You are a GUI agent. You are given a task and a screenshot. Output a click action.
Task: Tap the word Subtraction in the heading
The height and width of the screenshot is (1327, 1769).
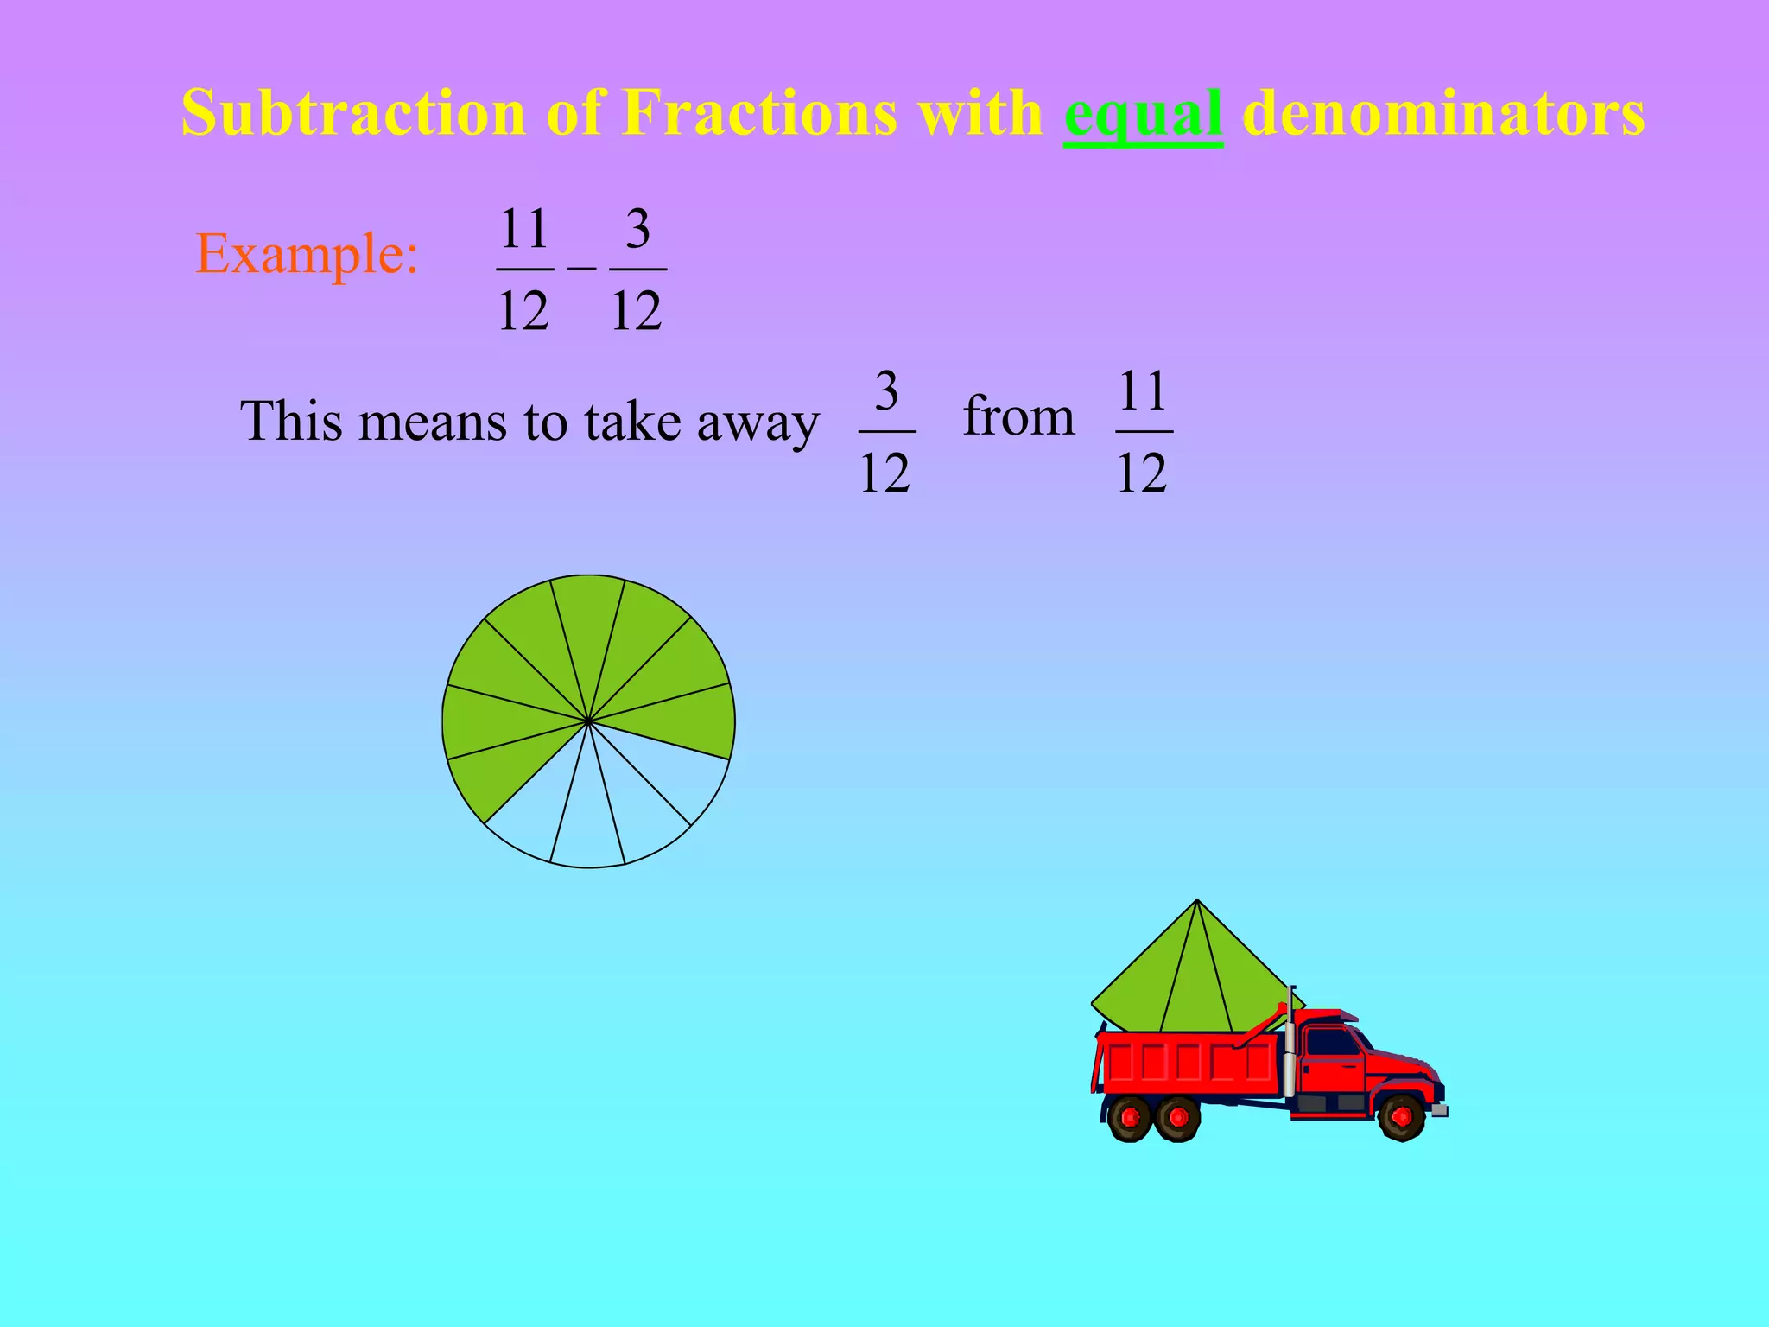[x=353, y=113]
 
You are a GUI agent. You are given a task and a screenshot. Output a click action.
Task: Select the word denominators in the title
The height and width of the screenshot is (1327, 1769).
[x=1442, y=113]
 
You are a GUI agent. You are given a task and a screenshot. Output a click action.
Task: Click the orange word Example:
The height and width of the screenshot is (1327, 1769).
[x=308, y=254]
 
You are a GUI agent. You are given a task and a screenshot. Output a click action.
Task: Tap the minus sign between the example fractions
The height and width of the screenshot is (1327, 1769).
[x=581, y=268]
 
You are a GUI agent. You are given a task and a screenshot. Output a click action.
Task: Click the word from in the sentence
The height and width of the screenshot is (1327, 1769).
[x=1018, y=416]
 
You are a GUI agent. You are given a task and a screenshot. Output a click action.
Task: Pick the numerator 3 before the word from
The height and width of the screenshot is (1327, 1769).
[x=886, y=391]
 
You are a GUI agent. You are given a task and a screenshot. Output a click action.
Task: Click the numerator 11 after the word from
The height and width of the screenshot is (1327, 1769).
[x=1143, y=391]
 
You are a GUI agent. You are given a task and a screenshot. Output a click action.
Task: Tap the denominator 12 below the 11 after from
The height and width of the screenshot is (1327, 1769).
[x=1142, y=473]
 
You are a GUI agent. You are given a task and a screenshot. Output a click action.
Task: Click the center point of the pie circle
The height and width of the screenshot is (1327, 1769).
[x=588, y=721]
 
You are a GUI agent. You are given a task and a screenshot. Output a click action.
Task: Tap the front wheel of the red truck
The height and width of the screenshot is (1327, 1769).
[x=1400, y=1117]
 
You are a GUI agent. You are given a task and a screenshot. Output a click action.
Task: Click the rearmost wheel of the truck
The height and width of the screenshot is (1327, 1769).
[x=1130, y=1119]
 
